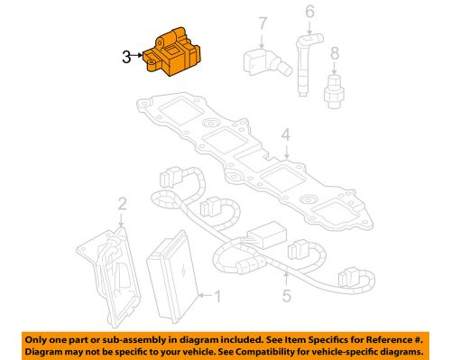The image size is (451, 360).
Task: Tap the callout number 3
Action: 125,57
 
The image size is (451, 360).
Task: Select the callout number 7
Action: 262,23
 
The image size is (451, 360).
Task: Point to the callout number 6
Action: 308,12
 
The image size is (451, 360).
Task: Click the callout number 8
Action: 335,53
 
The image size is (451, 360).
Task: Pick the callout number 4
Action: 285,136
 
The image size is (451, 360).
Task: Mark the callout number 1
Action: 215,295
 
